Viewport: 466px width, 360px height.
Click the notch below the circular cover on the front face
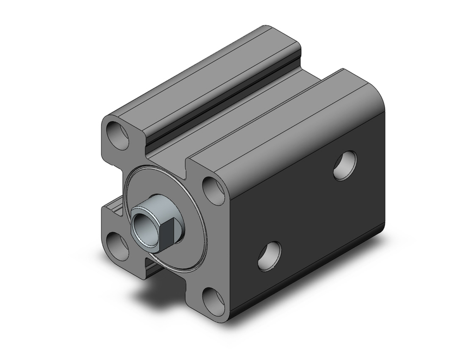click(154, 261)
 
